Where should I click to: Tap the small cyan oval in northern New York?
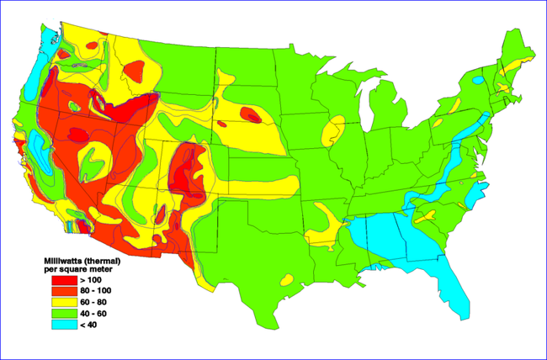click(478, 81)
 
